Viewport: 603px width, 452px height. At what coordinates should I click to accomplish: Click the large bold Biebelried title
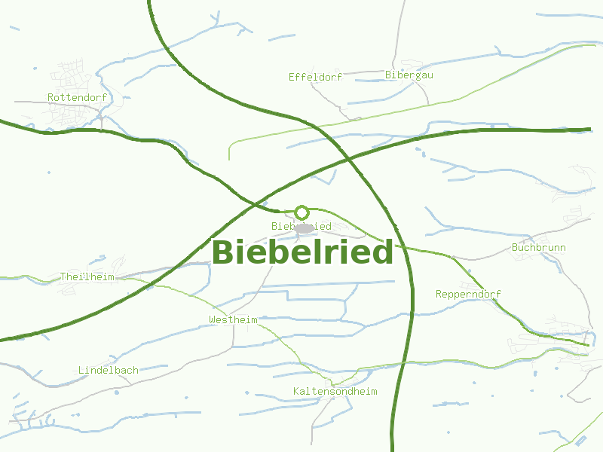click(x=302, y=252)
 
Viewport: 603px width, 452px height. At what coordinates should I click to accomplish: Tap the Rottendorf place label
click(x=77, y=97)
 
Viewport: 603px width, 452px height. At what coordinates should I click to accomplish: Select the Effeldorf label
click(x=315, y=77)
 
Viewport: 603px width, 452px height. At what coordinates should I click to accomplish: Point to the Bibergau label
click(x=409, y=75)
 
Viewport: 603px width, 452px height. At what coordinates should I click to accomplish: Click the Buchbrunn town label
click(x=538, y=247)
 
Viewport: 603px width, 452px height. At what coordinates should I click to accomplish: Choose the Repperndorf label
click(x=468, y=294)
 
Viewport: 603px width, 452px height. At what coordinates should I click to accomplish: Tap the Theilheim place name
click(x=87, y=276)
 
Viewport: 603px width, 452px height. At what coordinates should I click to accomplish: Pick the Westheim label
click(x=233, y=319)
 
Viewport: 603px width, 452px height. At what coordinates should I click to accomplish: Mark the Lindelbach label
click(x=109, y=370)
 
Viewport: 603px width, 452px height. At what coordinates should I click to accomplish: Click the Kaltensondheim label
click(x=335, y=391)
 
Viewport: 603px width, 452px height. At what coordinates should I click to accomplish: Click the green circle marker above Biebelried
click(x=301, y=212)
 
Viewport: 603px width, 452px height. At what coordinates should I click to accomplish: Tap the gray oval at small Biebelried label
click(x=304, y=228)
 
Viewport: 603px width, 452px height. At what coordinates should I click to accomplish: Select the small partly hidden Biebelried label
click(x=282, y=226)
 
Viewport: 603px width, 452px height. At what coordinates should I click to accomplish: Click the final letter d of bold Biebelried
click(x=384, y=252)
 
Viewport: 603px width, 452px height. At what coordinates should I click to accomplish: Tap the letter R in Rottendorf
click(x=51, y=97)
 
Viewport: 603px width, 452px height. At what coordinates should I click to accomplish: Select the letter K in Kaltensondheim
click(x=296, y=391)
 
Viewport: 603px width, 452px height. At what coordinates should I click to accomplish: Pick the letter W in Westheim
click(x=212, y=319)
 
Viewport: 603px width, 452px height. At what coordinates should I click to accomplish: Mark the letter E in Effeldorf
click(x=292, y=77)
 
